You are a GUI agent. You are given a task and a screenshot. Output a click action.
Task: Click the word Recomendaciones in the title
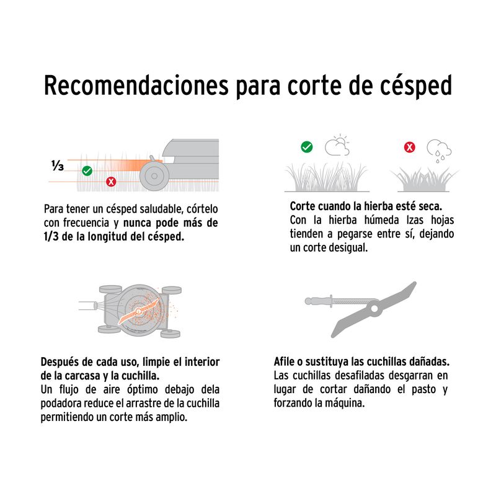136,85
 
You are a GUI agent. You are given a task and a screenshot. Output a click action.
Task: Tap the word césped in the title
415,86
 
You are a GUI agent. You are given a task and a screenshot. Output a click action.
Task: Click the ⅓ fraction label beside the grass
58,165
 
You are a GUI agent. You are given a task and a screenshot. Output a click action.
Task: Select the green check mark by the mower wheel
87,171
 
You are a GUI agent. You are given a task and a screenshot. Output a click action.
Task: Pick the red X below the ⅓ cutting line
111,182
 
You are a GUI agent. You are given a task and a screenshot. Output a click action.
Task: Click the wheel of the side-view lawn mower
154,176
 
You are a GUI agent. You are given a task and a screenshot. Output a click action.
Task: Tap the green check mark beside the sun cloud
306,147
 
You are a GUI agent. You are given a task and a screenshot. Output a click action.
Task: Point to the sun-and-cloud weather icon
337,145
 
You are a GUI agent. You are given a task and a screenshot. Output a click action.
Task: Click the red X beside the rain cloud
410,147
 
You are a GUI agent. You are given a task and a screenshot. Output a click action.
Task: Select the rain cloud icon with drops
439,151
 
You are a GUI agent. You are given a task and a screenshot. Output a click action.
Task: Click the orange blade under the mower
138,312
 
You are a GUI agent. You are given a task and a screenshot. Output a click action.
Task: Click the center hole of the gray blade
374,308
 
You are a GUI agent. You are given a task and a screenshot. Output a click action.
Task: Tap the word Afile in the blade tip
284,361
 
